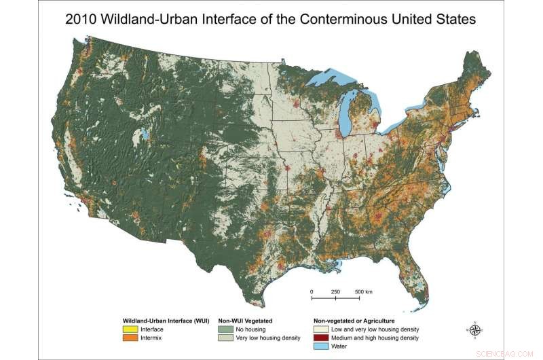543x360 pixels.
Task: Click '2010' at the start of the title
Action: pyautogui.click(x=82, y=19)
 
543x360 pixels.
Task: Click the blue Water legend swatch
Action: pyautogui.click(x=320, y=346)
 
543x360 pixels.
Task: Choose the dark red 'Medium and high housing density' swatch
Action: pyautogui.click(x=320, y=337)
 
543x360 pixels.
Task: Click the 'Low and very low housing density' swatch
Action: pyautogui.click(x=320, y=328)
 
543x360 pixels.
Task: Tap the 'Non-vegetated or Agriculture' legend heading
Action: pyautogui.click(x=354, y=319)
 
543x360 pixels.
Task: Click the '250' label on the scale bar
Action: pyautogui.click(x=335, y=291)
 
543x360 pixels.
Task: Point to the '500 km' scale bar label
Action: pyautogui.click(x=363, y=291)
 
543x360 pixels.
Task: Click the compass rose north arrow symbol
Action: pyautogui.click(x=475, y=330)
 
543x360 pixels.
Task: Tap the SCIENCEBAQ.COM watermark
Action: pyautogui.click(x=511, y=353)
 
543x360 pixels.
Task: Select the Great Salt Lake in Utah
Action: pyautogui.click(x=144, y=132)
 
